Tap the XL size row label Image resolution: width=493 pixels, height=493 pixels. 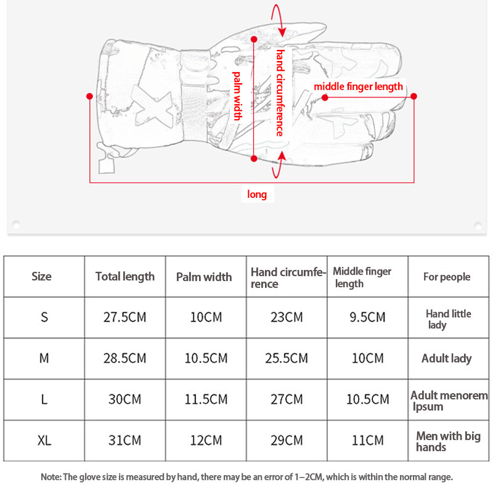[44, 441]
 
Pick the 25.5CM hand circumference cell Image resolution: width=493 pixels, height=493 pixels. [287, 358]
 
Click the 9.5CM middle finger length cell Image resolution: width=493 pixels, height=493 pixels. [367, 317]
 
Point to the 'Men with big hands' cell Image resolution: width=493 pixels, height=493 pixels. [448, 441]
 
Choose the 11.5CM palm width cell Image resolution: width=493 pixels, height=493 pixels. [206, 399]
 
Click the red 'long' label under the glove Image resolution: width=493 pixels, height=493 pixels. [257, 195]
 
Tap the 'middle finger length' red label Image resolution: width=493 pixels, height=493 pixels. [358, 86]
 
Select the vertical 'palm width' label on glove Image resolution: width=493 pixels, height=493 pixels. [237, 96]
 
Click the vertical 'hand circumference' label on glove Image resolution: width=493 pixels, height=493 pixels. [279, 92]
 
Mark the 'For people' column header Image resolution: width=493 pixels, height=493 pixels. [447, 277]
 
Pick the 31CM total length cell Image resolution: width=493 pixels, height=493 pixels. [124, 441]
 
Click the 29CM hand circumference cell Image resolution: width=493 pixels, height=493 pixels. [287, 441]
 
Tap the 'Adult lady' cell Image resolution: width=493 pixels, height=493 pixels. [447, 358]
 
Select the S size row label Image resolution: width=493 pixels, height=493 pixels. [44, 317]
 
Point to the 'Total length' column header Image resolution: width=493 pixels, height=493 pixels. [125, 277]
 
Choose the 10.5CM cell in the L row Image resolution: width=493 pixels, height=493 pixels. [367, 399]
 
